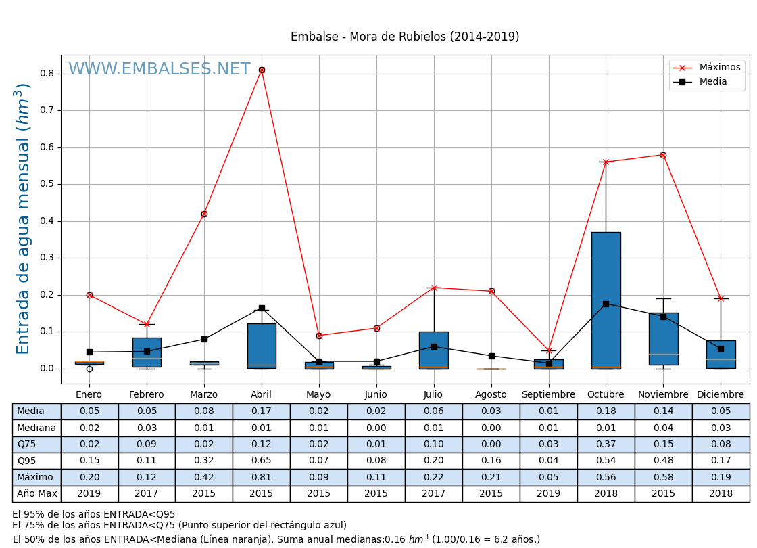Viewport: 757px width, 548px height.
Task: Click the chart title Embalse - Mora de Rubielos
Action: pyautogui.click(x=405, y=37)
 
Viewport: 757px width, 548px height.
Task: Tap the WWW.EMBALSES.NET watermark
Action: pyautogui.click(x=159, y=70)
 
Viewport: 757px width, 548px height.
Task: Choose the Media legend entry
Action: pyautogui.click(x=707, y=82)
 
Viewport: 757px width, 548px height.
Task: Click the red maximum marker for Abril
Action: pyautogui.click(x=262, y=70)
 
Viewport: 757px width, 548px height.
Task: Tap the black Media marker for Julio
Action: pyautogui.click(x=434, y=346)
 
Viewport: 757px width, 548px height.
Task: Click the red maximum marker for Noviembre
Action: pyautogui.click(x=663, y=155)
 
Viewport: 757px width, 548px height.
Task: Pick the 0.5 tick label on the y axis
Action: pyautogui.click(x=47, y=184)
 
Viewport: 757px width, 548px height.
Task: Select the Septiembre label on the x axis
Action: pyautogui.click(x=548, y=395)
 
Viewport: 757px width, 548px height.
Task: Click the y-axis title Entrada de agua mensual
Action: pyautogui.click(x=24, y=219)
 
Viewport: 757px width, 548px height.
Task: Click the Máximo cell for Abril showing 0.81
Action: pyautogui.click(x=262, y=477)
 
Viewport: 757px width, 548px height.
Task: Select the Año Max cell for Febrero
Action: pyautogui.click(x=147, y=494)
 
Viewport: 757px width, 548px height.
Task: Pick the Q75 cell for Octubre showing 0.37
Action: pyautogui.click(x=606, y=444)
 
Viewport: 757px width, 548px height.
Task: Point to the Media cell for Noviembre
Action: pyautogui.click(x=663, y=411)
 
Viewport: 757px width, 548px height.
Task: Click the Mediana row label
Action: pyautogui.click(x=36, y=428)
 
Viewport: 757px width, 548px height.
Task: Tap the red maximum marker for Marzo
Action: pyautogui.click(x=204, y=214)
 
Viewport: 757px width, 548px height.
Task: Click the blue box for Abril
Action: pyautogui.click(x=262, y=346)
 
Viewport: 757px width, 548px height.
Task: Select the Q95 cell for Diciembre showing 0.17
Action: pyautogui.click(x=721, y=461)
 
